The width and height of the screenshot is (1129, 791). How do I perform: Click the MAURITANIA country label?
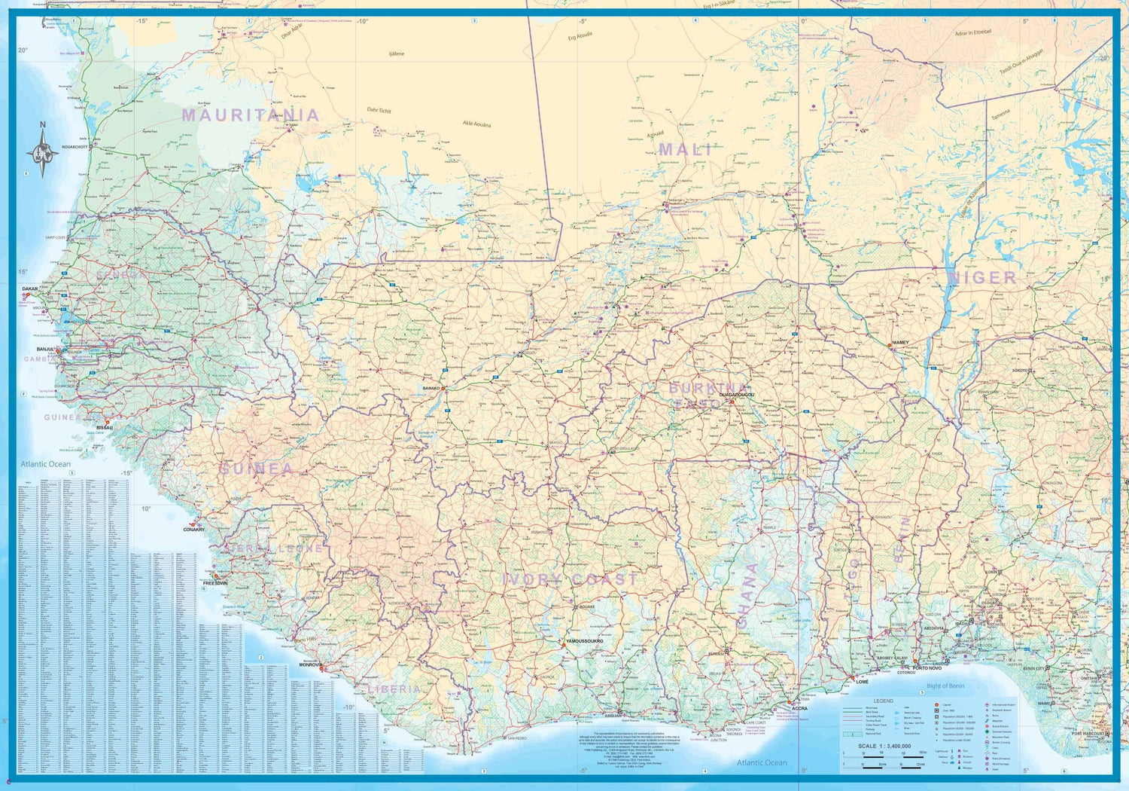[251, 115]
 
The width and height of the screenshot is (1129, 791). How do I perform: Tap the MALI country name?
[685, 150]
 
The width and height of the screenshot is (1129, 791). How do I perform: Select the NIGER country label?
[982, 278]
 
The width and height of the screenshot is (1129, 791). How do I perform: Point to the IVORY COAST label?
[570, 579]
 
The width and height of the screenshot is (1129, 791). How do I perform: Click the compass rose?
[42, 152]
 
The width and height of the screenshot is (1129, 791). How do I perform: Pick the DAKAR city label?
[30, 289]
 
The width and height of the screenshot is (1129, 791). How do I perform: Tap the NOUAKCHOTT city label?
[75, 147]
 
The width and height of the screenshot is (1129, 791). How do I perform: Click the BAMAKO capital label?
[431, 389]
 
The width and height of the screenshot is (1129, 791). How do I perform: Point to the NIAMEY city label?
[900, 343]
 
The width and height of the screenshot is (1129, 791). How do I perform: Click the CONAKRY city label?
[193, 530]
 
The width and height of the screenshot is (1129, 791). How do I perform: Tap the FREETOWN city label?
[215, 584]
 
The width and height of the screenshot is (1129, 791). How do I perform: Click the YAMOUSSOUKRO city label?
[585, 641]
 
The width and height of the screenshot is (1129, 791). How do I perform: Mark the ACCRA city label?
[799, 708]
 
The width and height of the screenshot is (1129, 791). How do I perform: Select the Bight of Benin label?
[945, 686]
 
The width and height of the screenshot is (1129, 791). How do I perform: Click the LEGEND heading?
[883, 701]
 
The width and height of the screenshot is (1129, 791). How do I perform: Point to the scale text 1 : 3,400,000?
[884, 746]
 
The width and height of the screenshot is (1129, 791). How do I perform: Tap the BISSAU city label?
[105, 428]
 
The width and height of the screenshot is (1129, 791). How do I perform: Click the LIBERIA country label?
[394, 689]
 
